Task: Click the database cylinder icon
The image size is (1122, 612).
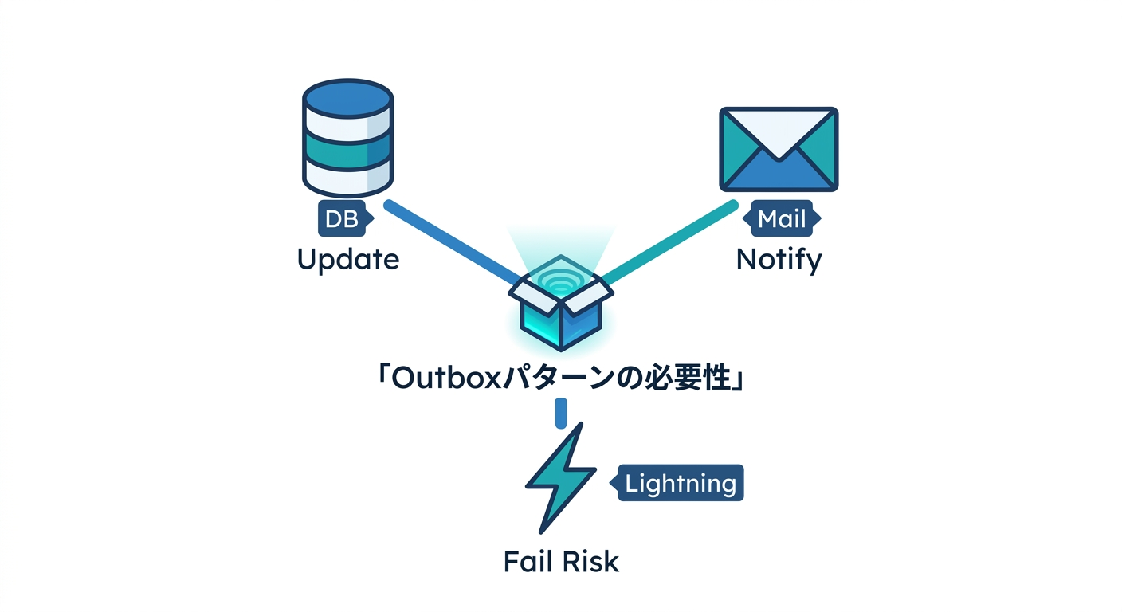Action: pos(347,138)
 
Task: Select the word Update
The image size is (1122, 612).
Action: pos(348,260)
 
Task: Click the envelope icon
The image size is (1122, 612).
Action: pos(779,149)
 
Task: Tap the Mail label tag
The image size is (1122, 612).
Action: pos(782,218)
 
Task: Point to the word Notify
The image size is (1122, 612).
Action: pos(779,260)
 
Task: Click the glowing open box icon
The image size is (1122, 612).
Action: pos(561,303)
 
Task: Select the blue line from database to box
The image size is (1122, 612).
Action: pos(453,241)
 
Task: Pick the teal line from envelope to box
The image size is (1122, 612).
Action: pos(669,241)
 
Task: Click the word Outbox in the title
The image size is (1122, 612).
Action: pos(445,379)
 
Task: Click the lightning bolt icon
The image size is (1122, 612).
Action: pos(561,478)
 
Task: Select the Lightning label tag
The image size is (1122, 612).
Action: pos(677,483)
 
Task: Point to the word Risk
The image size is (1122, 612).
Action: pos(590,562)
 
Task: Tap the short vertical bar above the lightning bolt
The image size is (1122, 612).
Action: pos(561,413)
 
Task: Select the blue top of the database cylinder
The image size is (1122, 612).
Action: pos(347,98)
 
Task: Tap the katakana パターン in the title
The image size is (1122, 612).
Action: pos(558,379)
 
